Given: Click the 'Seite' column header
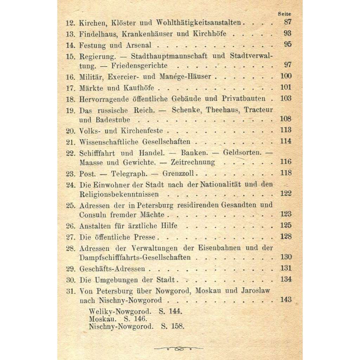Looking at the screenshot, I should coord(284,14).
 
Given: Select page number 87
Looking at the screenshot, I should coord(288,22).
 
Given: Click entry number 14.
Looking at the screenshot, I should coord(71,45).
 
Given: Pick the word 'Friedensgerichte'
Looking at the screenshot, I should coord(139,66).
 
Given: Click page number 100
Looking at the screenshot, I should coord(286,76).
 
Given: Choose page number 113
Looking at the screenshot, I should coord(286,130).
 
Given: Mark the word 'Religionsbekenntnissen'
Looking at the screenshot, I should coord(119,194).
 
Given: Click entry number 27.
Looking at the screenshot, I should coord(71,237).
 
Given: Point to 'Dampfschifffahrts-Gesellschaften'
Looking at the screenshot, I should coord(135,257).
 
